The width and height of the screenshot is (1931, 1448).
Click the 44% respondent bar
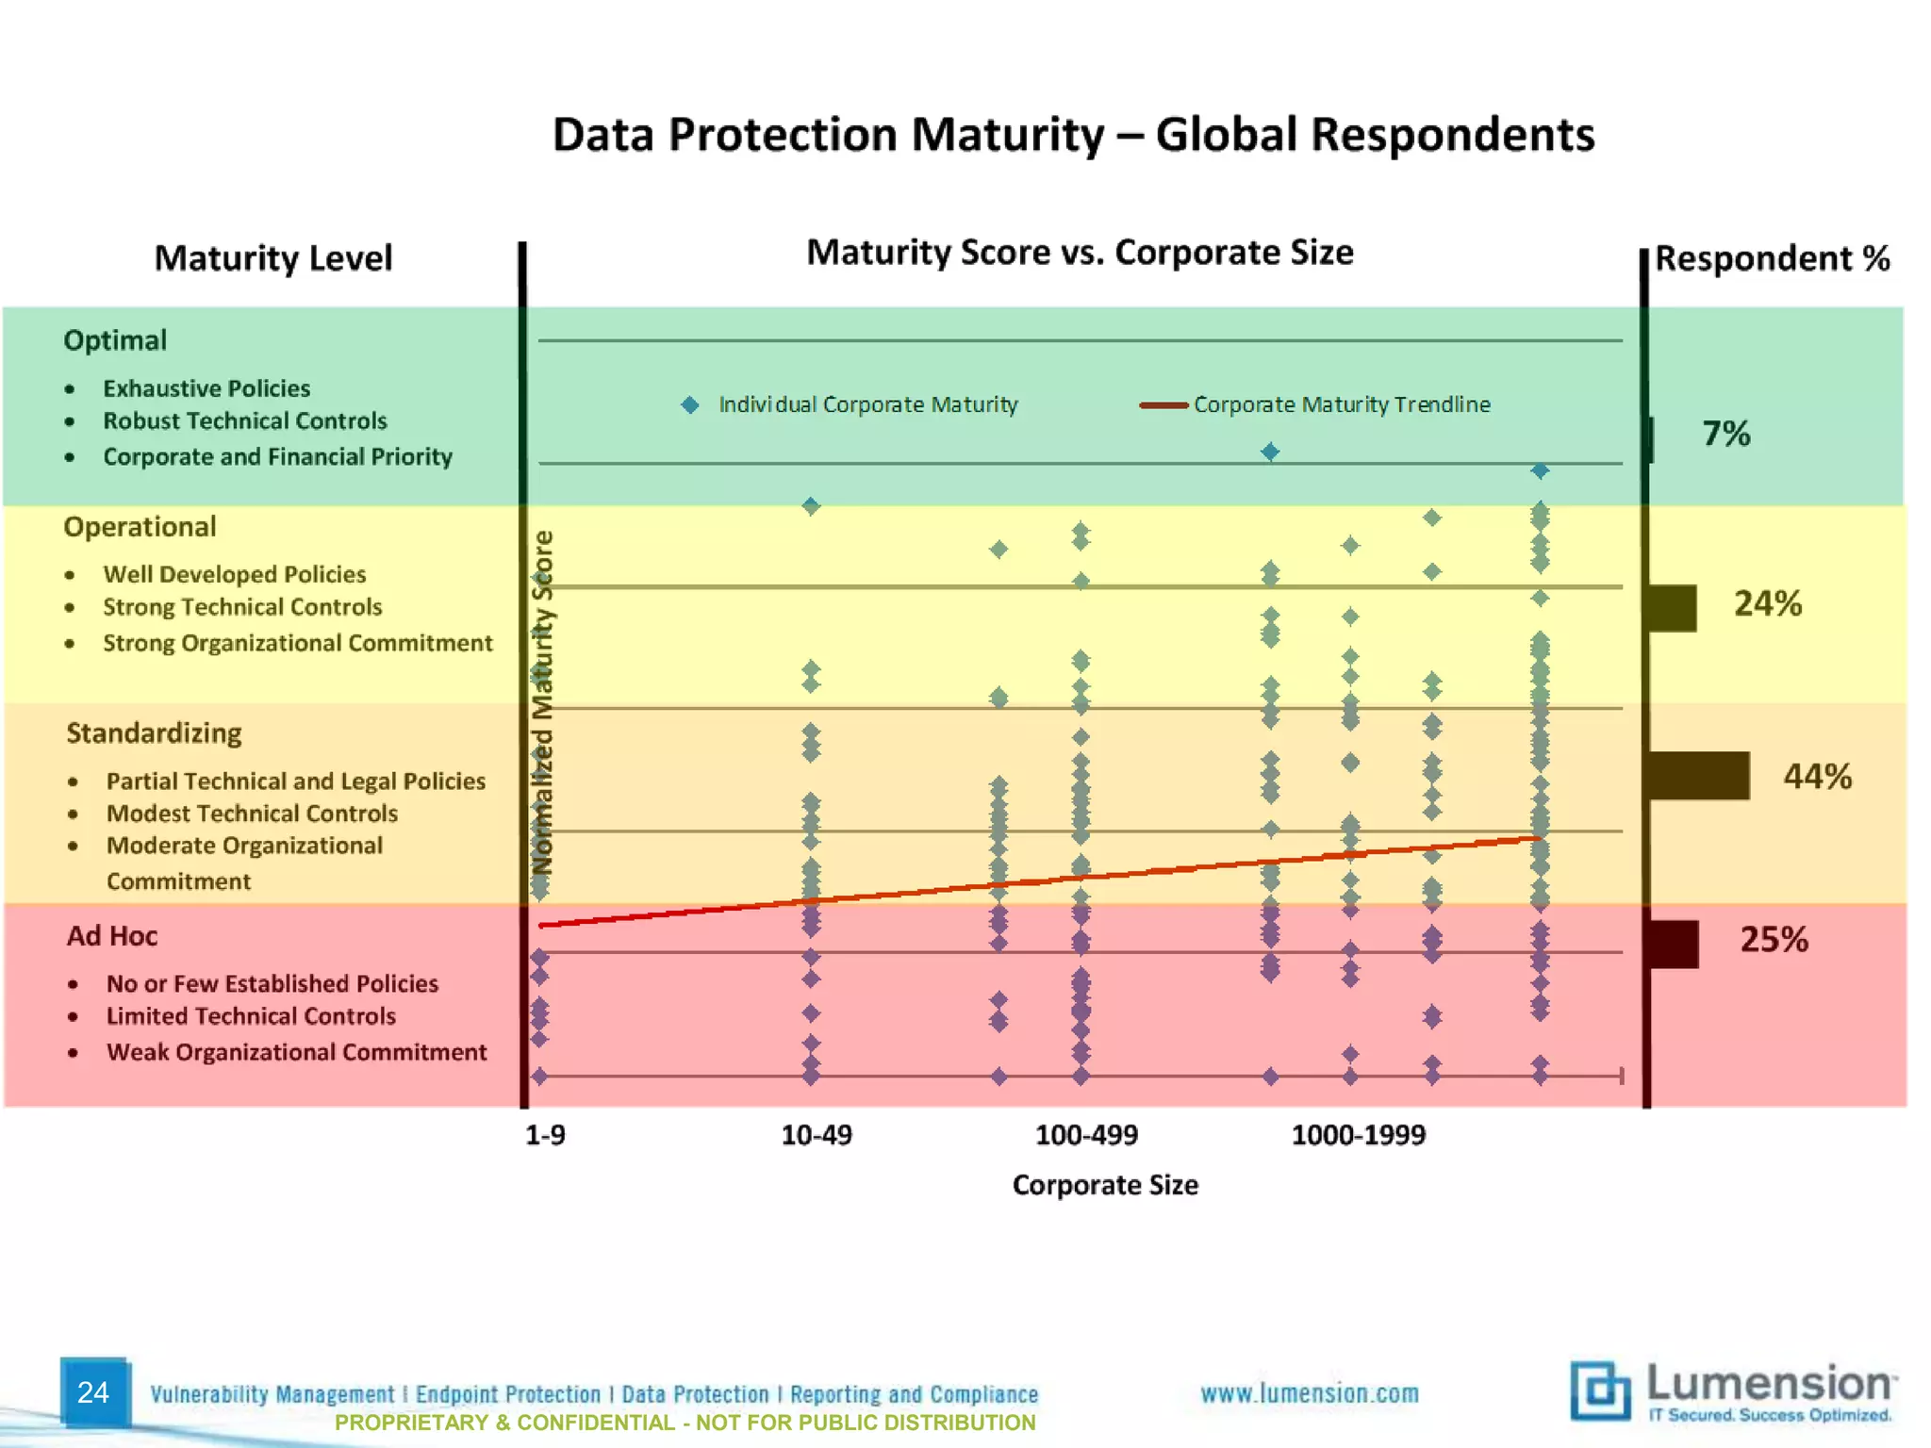tap(1698, 776)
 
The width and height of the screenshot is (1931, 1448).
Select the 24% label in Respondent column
tap(1768, 603)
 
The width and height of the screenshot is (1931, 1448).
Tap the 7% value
tap(1725, 434)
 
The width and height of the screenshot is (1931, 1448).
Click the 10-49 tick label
tap(816, 1134)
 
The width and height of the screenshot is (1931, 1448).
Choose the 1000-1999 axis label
tap(1358, 1134)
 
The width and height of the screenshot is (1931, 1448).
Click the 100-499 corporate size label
tap(1086, 1134)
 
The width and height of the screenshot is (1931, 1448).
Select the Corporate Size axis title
tap(1105, 1185)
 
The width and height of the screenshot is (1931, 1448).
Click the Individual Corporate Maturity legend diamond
tap(690, 404)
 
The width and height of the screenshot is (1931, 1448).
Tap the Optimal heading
tap(115, 340)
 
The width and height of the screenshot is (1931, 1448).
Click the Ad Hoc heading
tap(111, 935)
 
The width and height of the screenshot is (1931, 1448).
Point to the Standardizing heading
tap(154, 732)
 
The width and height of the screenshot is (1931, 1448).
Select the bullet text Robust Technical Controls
tap(245, 420)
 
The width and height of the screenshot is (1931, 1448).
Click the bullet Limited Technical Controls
tap(251, 1015)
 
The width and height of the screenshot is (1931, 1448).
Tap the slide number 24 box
tap(93, 1391)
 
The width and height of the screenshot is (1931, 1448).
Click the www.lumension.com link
tap(1310, 1392)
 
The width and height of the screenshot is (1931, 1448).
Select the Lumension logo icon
tap(1600, 1390)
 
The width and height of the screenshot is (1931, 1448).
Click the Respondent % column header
tap(1772, 258)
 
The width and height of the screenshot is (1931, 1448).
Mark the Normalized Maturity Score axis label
tap(542, 702)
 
